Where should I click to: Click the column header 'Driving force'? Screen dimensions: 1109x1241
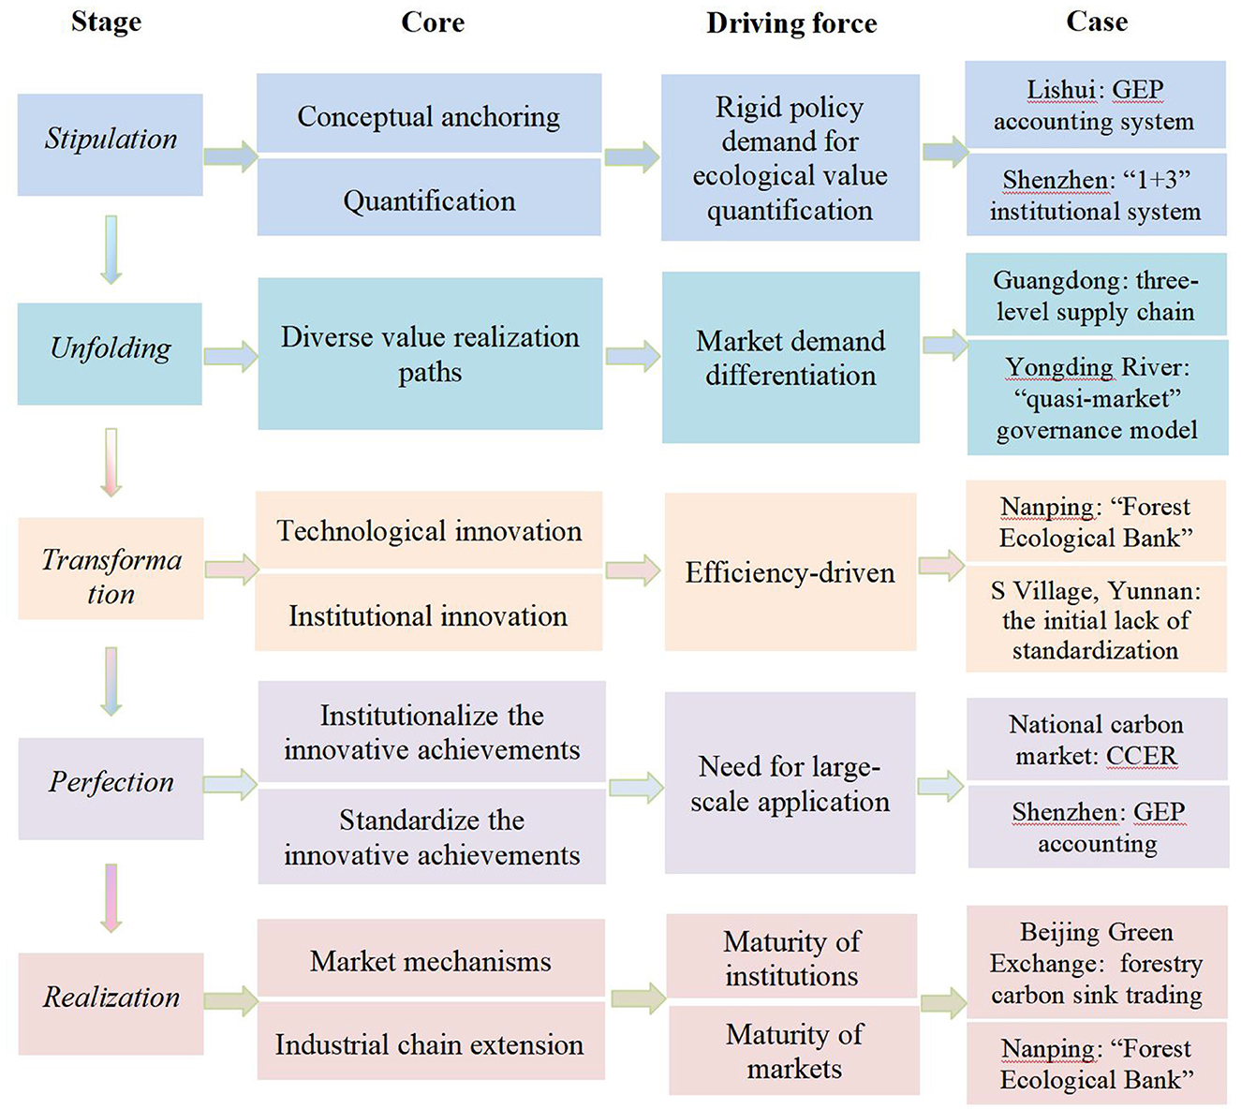(x=791, y=23)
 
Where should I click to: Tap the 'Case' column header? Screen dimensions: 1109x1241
(x=1096, y=22)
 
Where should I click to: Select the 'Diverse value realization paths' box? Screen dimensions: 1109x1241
(x=430, y=354)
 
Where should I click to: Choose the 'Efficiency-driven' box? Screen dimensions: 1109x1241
(x=790, y=572)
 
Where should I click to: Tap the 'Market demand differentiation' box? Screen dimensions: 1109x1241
(x=790, y=357)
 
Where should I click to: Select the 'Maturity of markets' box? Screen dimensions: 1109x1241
(x=794, y=1050)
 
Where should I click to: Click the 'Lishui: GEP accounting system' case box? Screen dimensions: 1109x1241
(x=1095, y=105)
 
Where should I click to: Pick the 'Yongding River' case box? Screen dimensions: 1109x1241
(x=1097, y=397)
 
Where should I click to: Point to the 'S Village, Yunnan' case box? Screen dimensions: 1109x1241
(x=1096, y=619)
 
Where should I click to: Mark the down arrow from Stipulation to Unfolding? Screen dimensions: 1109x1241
(x=111, y=249)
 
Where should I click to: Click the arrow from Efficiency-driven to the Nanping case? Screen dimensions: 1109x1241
(x=941, y=566)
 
